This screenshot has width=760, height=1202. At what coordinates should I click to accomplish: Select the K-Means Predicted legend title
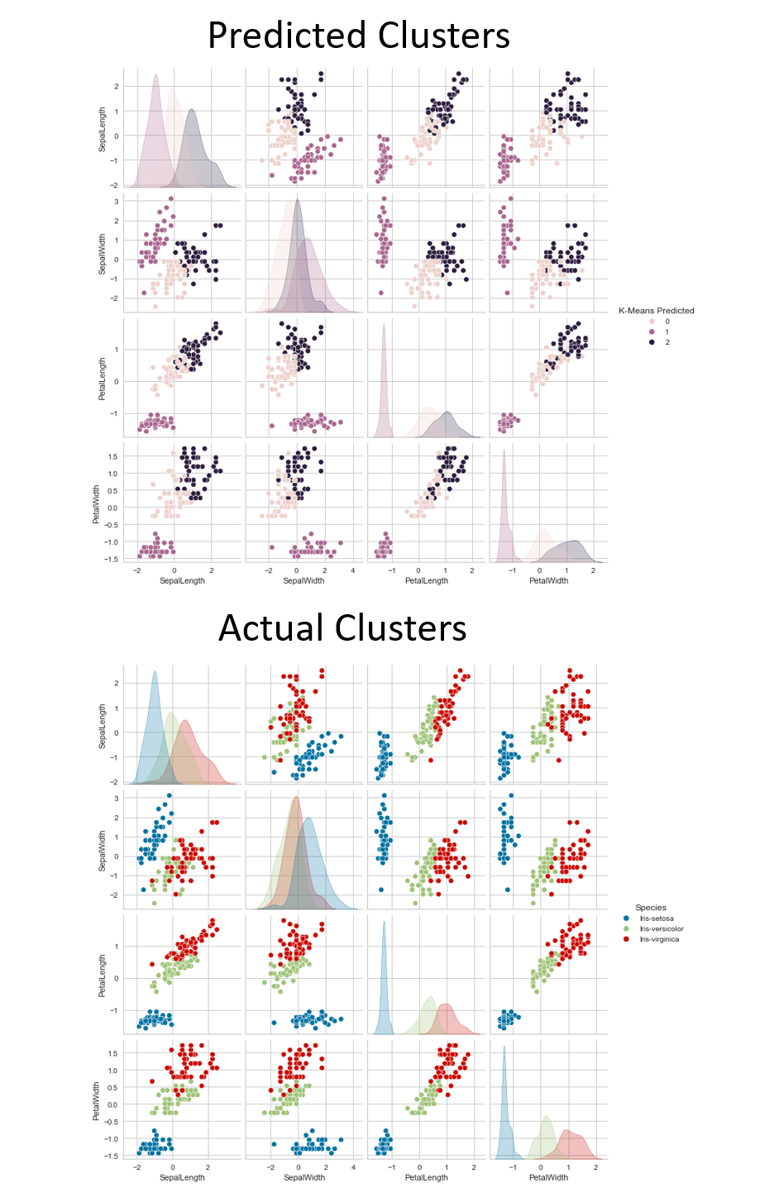pos(656,311)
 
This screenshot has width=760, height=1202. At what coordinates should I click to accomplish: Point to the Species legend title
pos(650,908)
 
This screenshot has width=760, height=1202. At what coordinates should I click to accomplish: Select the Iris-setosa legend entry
pos(656,918)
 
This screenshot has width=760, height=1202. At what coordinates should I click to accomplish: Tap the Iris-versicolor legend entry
pos(661,928)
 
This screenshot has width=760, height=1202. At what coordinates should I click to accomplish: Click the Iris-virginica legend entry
pos(659,939)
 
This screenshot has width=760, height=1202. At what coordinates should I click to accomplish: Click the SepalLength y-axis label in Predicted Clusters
pos(103,129)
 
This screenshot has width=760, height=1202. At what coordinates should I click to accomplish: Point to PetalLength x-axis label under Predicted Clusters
pos(426,580)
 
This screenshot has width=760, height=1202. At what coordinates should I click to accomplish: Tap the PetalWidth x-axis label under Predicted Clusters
pos(548,580)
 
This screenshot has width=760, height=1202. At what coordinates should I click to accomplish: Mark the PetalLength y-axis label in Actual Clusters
pos(103,975)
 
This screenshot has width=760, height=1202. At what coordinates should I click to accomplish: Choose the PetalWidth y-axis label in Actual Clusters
pos(96,1100)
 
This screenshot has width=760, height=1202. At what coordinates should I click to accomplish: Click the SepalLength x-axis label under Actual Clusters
pos(182,1177)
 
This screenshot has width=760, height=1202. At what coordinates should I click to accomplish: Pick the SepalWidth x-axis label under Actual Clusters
pos(304,1177)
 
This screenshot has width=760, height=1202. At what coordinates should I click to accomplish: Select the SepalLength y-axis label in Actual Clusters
pos(103,726)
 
